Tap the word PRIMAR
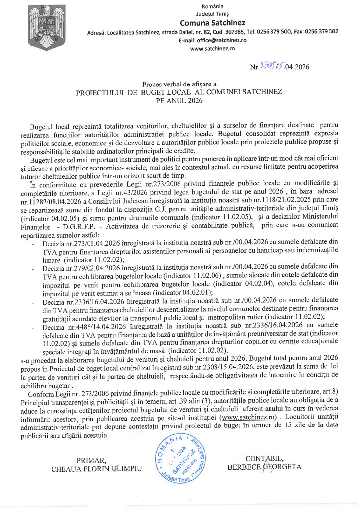pos(92,459)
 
